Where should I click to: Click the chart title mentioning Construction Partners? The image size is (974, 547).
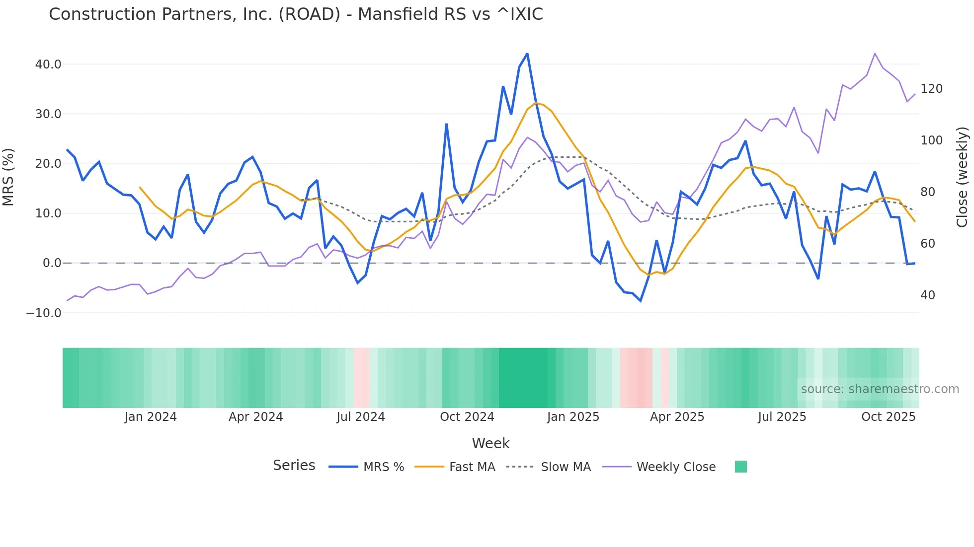(296, 14)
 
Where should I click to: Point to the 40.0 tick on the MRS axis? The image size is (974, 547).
(48, 65)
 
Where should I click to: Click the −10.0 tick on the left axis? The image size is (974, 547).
(44, 313)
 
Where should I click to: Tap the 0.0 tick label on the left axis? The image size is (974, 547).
(52, 263)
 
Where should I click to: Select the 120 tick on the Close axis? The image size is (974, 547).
(931, 89)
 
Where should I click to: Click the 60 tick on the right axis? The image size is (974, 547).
(927, 244)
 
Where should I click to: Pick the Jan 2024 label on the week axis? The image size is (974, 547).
(151, 417)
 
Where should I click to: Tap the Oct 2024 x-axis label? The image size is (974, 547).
(467, 417)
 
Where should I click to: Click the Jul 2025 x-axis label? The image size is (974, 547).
(782, 417)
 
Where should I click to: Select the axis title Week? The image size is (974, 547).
(490, 443)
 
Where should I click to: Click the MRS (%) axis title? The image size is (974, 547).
(8, 177)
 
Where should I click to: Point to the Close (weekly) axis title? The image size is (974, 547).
(962, 177)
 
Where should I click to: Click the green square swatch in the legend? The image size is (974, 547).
(740, 467)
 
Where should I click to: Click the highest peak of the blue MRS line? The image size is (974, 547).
(527, 54)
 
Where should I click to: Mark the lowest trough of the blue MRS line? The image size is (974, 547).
(641, 301)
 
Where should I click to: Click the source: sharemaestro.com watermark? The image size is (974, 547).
(880, 389)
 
